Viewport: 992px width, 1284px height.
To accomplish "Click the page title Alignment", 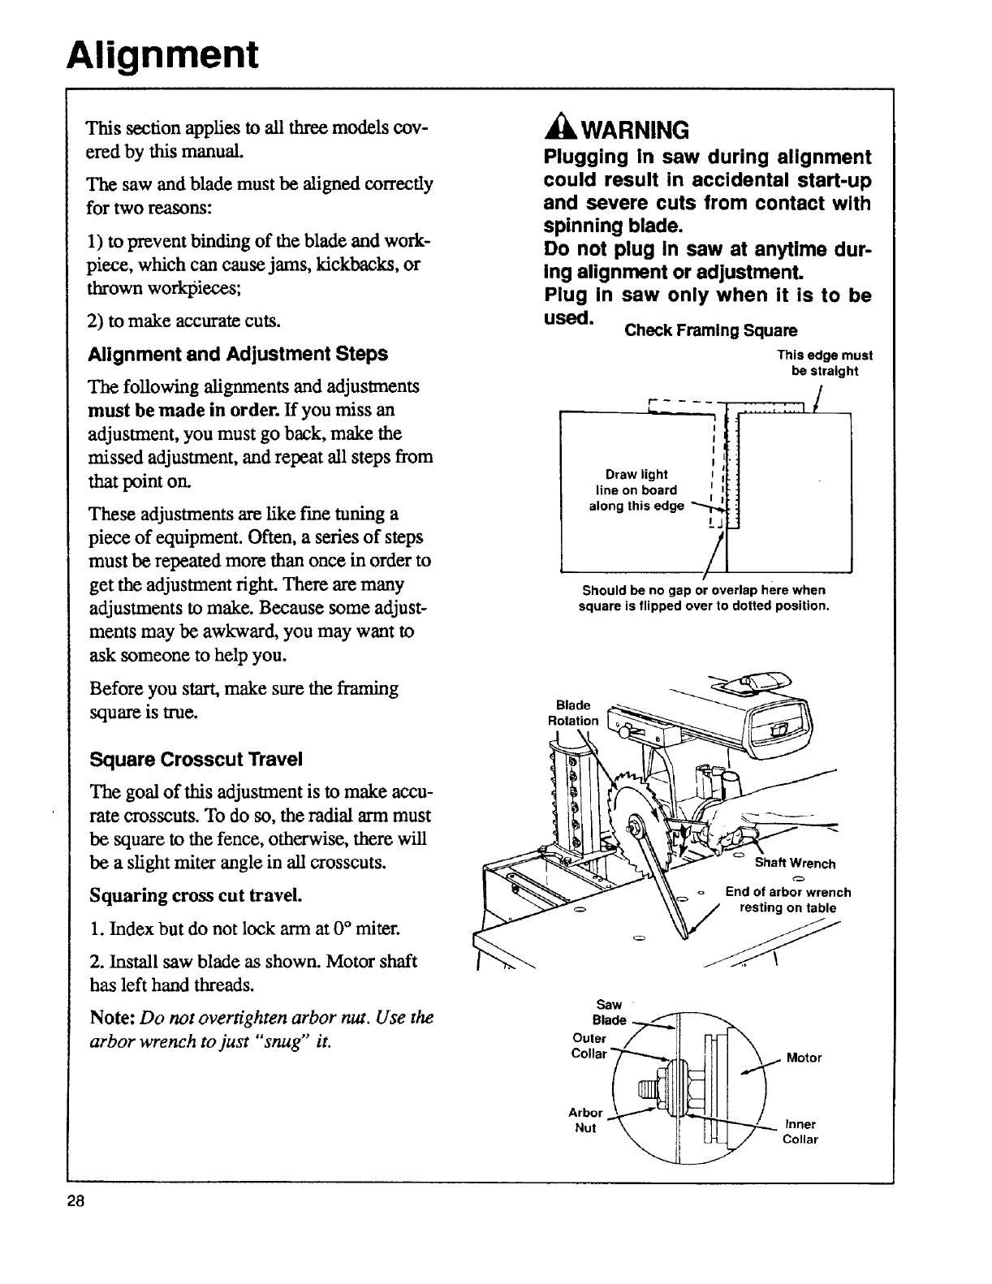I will tap(162, 54).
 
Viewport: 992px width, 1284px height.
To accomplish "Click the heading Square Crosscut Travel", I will tap(195, 759).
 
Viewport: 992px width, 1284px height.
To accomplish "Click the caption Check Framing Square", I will tap(710, 330).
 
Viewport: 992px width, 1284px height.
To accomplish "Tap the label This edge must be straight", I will tap(824, 363).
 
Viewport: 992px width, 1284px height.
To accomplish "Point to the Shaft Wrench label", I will tap(795, 863).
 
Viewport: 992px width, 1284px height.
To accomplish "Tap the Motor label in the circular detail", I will tap(804, 1058).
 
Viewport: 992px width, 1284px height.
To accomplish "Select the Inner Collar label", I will tap(800, 1131).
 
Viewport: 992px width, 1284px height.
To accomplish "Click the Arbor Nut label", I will tap(585, 1120).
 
